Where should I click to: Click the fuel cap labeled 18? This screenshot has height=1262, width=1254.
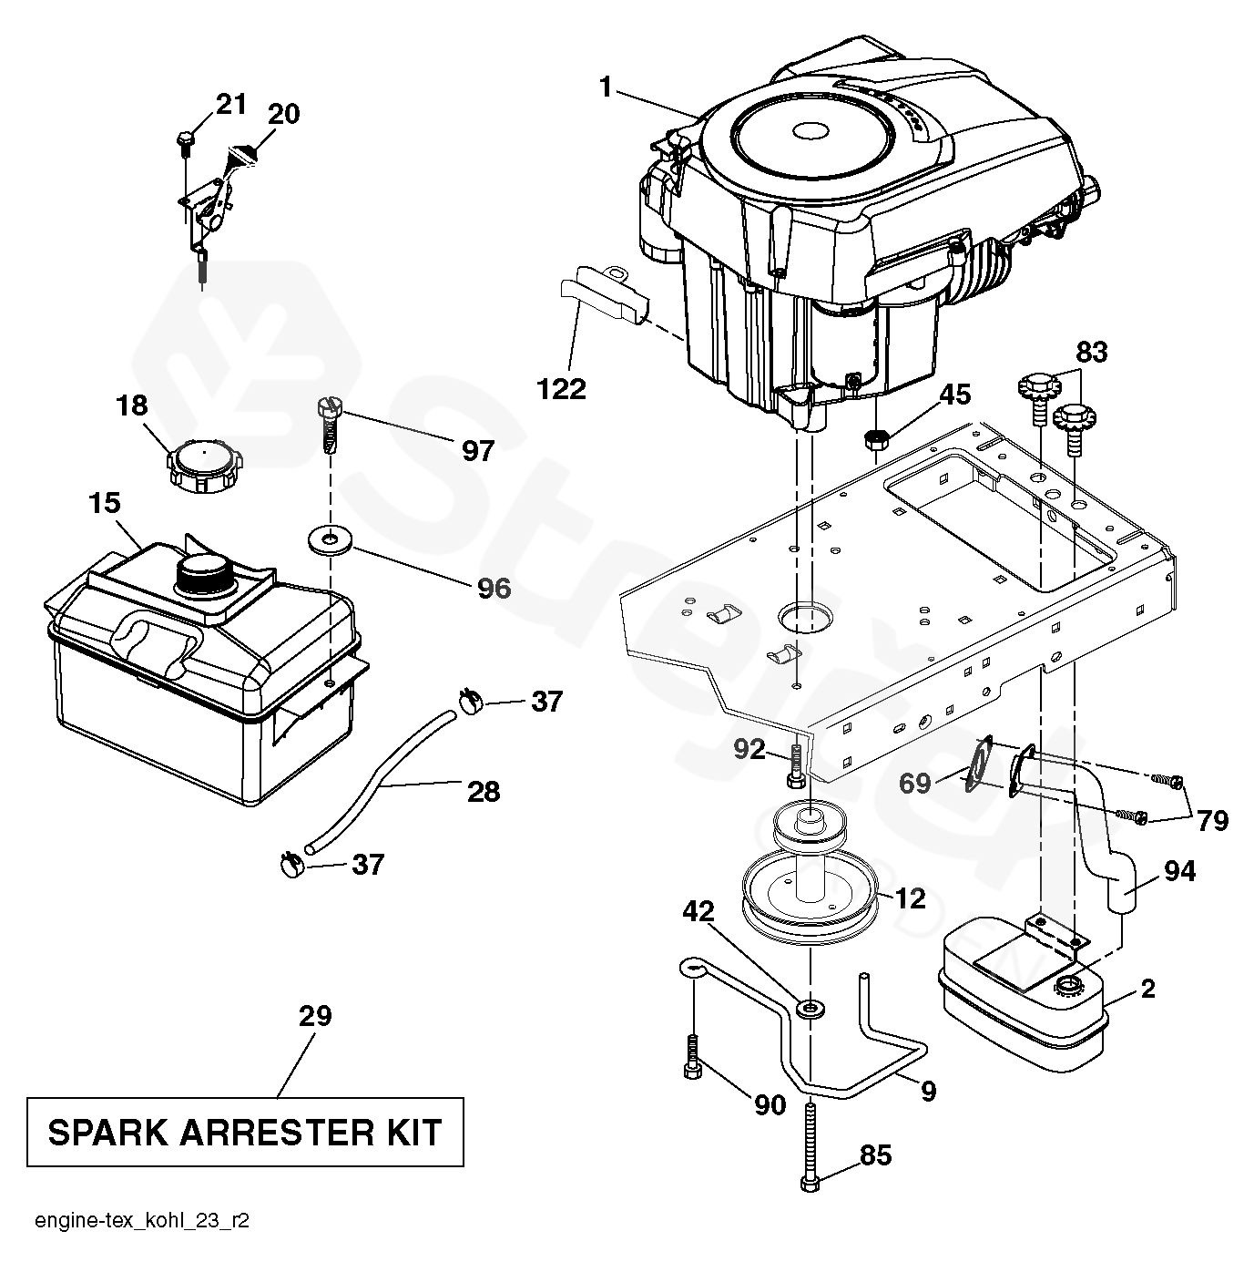pyautogui.click(x=201, y=467)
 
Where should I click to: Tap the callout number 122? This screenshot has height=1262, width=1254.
pyautogui.click(x=561, y=389)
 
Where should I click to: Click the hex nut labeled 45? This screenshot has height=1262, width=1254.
pyautogui.click(x=875, y=439)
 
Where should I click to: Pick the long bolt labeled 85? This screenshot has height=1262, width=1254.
pyautogui.click(x=810, y=1156)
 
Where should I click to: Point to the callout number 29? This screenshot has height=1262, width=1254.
pyautogui.click(x=315, y=1016)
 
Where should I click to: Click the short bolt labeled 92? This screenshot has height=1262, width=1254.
pyautogui.click(x=796, y=770)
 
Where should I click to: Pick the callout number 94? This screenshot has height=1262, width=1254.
pyautogui.click(x=1179, y=871)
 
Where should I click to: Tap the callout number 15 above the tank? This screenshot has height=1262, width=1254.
pyautogui.click(x=105, y=503)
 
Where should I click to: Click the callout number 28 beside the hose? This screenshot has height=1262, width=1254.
pyautogui.click(x=484, y=792)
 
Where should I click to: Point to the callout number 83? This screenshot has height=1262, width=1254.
pyautogui.click(x=1092, y=353)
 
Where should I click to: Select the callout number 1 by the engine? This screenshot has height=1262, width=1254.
pyautogui.click(x=606, y=87)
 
